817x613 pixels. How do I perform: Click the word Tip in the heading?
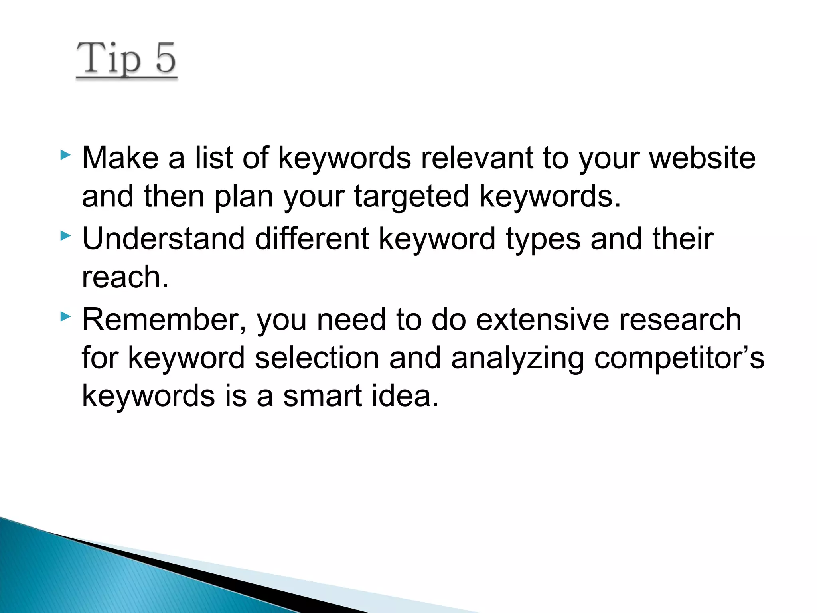pyautogui.click(x=109, y=59)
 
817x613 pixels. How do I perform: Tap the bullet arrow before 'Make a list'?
pyautogui.click(x=65, y=155)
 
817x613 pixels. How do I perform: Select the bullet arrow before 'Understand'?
pyautogui.click(x=65, y=236)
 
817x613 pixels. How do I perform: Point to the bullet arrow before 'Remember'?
pyautogui.click(x=65, y=317)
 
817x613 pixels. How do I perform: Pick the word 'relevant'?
pyautogui.click(x=477, y=158)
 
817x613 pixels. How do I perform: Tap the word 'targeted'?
pyautogui.click(x=411, y=197)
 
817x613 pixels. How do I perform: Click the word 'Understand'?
pyautogui.click(x=163, y=239)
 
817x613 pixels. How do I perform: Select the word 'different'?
pyautogui.click(x=312, y=239)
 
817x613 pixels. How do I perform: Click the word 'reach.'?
pyautogui.click(x=125, y=277)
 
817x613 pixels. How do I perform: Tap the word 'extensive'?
pyautogui.click(x=542, y=320)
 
